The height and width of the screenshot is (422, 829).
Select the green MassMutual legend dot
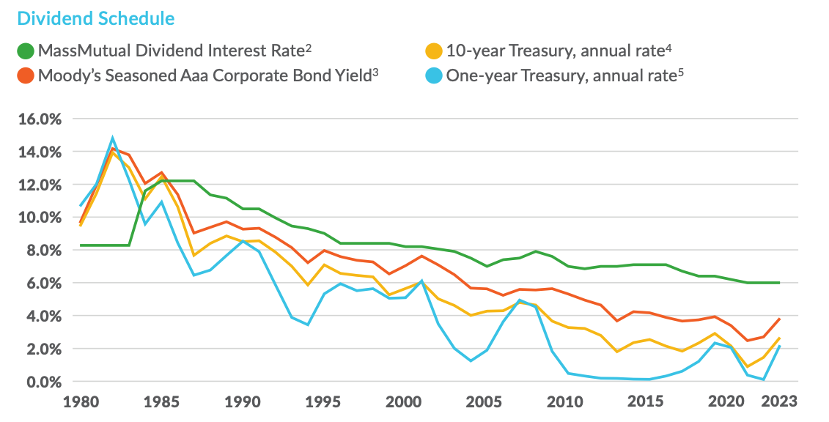coord(26,51)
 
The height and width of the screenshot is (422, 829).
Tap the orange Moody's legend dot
coord(26,75)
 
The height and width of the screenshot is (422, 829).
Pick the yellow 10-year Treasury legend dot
coord(434,51)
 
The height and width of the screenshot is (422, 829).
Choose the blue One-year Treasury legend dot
coord(434,75)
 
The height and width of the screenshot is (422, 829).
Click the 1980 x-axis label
coord(81,401)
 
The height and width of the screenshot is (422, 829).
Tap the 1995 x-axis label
coord(323,401)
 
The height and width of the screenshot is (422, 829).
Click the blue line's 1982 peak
coord(113,137)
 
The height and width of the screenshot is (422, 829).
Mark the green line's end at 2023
coord(778,283)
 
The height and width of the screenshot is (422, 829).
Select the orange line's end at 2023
coord(778,319)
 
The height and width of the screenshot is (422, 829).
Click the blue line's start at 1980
coord(81,206)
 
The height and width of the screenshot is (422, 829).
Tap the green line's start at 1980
coord(81,245)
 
